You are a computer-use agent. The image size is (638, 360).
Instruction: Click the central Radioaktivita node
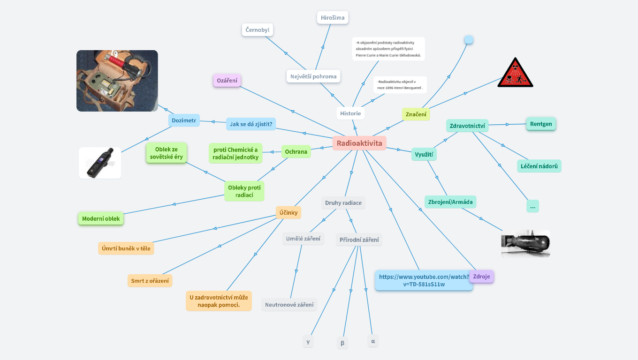(359, 143)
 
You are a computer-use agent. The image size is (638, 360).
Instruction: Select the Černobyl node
(258, 30)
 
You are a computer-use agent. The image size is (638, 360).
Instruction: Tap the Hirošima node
(333, 18)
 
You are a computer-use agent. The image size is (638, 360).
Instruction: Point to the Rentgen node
(541, 124)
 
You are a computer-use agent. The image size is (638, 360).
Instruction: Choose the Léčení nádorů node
(540, 166)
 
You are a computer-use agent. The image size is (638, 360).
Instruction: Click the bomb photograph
(525, 243)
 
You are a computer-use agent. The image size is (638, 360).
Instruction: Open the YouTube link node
(424, 280)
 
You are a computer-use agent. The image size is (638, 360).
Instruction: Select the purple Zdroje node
(481, 277)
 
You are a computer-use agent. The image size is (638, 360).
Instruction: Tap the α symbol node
(373, 341)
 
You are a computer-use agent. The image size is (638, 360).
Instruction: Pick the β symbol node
(342, 343)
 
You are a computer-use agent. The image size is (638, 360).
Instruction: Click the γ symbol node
(308, 342)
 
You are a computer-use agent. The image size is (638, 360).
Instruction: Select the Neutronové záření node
(289, 305)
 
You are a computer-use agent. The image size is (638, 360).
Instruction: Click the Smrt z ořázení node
(150, 281)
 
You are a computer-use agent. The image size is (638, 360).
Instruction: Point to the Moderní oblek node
(101, 218)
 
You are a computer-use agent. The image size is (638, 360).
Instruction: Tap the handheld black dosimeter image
(100, 163)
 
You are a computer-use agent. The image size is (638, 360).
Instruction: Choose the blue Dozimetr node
(184, 120)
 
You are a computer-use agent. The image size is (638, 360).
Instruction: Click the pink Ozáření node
(227, 80)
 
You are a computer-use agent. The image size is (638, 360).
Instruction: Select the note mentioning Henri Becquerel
(400, 85)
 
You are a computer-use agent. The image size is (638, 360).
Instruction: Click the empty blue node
(469, 40)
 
